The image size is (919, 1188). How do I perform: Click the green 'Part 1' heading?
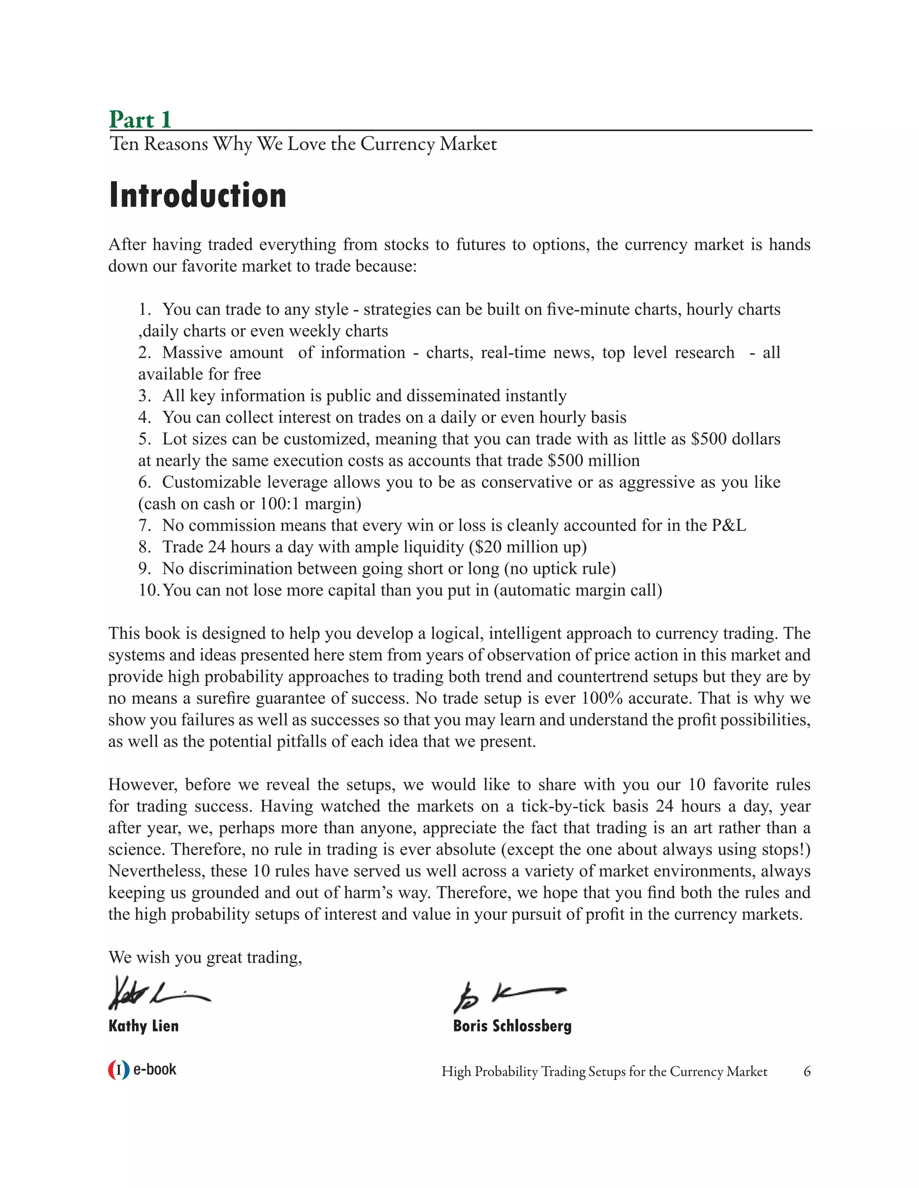[x=140, y=119]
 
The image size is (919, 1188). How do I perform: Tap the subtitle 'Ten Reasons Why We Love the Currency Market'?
[x=303, y=144]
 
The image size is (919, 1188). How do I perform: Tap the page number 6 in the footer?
[x=807, y=1071]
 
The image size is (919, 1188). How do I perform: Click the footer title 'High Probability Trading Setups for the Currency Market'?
[x=604, y=1071]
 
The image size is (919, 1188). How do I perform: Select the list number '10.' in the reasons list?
[x=148, y=590]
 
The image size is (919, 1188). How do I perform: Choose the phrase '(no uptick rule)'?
[x=560, y=568]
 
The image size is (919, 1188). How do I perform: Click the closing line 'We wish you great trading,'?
[x=205, y=958]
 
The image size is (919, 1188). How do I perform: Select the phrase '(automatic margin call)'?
[x=578, y=590]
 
